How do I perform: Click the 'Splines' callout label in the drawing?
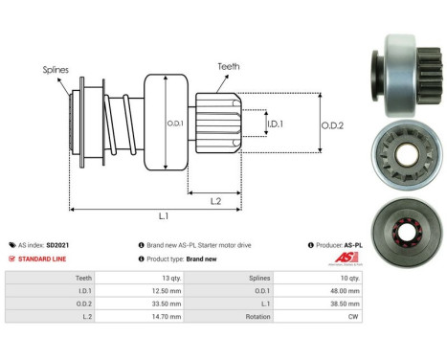click(55, 70)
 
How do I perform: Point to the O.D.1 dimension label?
click(174, 122)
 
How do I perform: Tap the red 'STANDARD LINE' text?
click(45, 259)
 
